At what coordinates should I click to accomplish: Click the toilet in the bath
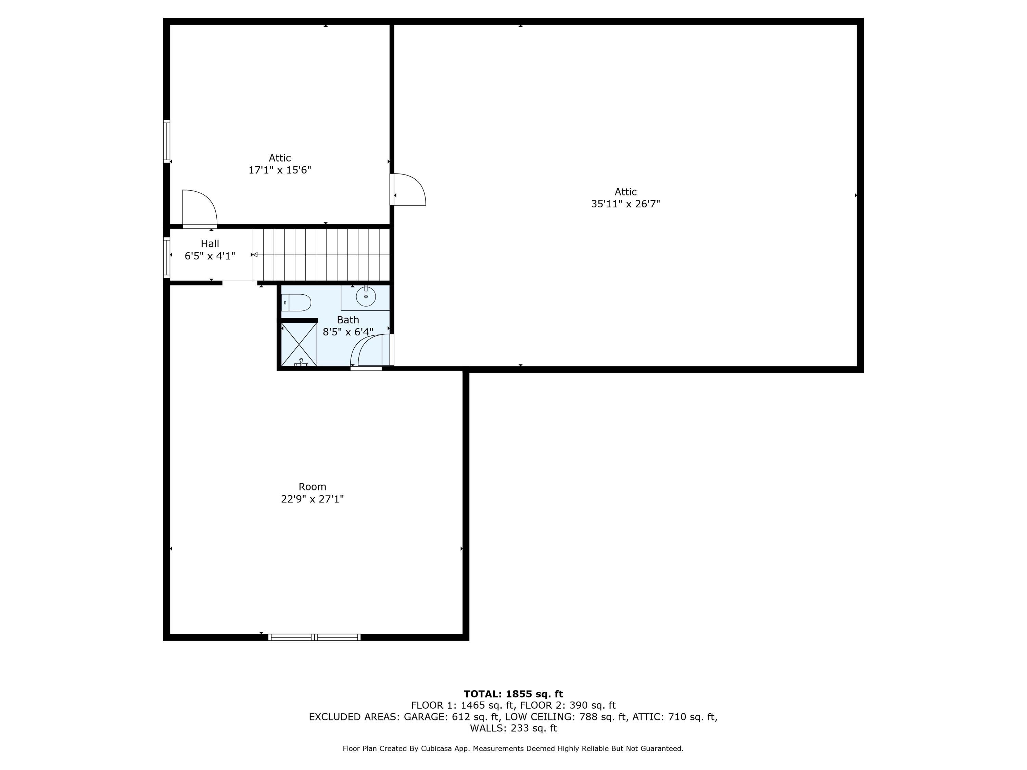tap(296, 303)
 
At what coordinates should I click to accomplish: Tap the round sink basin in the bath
tap(366, 296)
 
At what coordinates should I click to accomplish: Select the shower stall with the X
tap(299, 344)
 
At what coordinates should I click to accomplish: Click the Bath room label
tap(348, 320)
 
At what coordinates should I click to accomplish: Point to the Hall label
tap(210, 244)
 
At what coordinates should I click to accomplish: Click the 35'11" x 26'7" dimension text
tap(625, 204)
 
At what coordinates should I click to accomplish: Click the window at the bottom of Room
tap(314, 637)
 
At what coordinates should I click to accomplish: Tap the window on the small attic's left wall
tap(167, 142)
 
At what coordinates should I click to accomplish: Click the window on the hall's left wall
tap(167, 258)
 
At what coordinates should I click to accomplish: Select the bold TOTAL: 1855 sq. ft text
tap(513, 694)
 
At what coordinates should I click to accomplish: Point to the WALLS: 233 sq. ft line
tap(513, 728)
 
